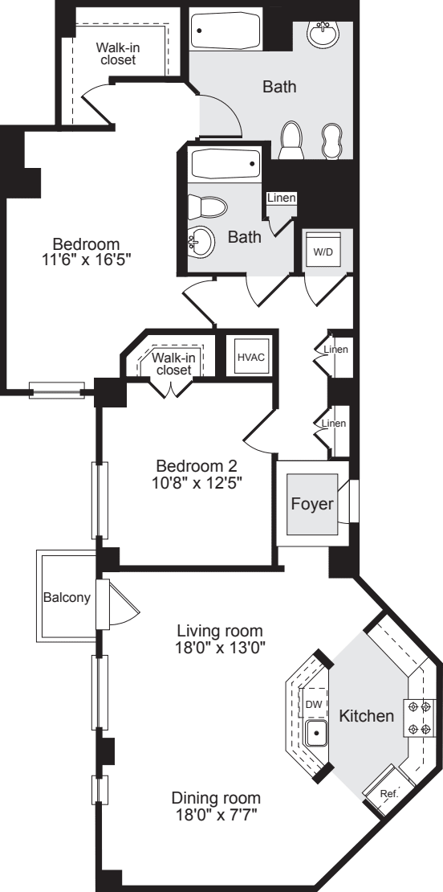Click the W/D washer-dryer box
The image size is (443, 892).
click(323, 252)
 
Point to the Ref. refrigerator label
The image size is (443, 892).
click(388, 792)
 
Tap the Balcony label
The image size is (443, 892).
click(66, 598)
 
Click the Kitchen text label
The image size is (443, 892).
click(365, 715)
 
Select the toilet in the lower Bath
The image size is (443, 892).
click(207, 207)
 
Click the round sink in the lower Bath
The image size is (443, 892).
click(201, 239)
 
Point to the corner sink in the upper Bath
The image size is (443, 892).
click(324, 34)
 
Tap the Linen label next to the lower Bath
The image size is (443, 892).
click(282, 198)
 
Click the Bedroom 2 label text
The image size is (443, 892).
click(197, 466)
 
